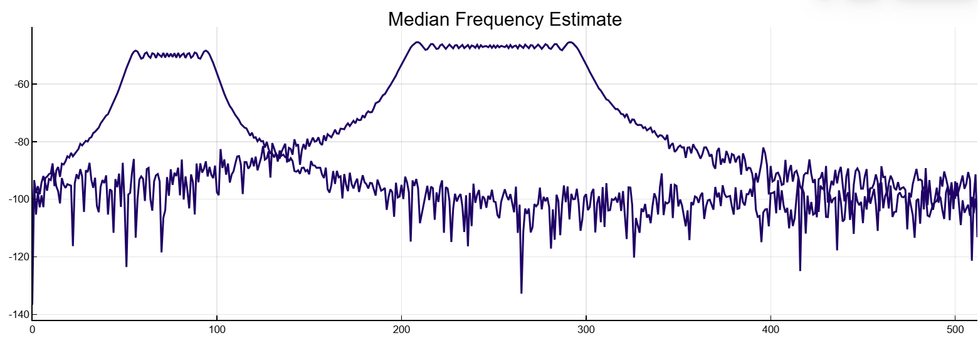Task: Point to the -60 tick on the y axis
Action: [x=19, y=85]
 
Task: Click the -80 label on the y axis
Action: [x=19, y=142]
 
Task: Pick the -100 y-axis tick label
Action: [x=18, y=199]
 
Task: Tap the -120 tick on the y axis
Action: [x=18, y=257]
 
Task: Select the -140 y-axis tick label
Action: [x=18, y=314]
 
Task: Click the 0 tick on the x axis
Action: [x=32, y=328]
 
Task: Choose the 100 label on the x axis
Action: [x=216, y=328]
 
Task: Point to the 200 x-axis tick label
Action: [x=401, y=328]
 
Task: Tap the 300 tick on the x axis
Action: [x=586, y=328]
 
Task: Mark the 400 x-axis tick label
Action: [x=770, y=328]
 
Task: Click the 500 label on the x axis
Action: [x=955, y=328]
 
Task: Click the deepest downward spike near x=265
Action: [x=521, y=293]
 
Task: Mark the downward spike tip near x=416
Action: [x=800, y=270]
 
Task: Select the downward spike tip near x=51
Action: [x=126, y=267]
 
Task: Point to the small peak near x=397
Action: [x=764, y=149]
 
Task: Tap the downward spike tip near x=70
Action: [x=161, y=251]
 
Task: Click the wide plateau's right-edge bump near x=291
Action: [x=570, y=42]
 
